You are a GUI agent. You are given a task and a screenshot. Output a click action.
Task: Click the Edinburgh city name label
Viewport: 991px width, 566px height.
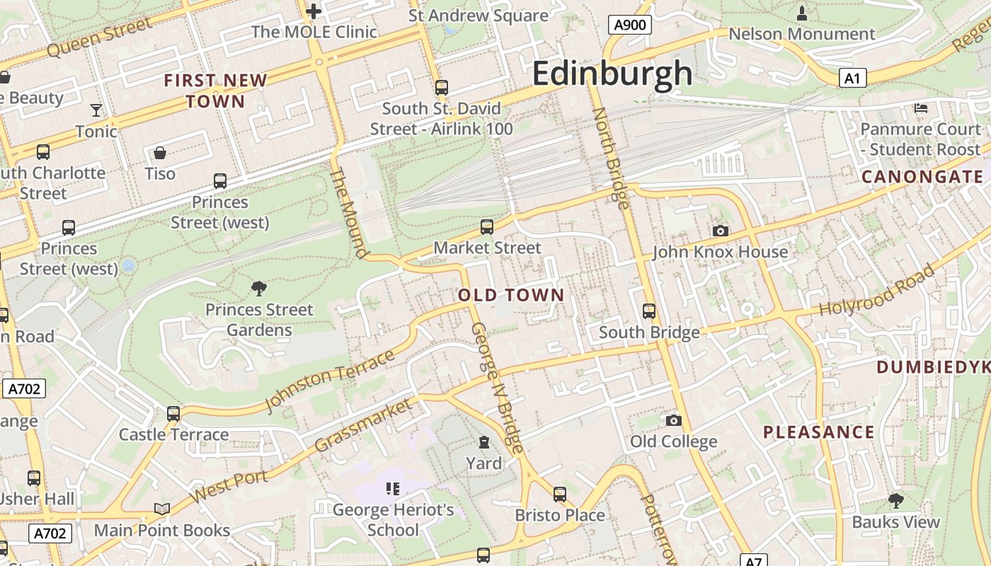612,74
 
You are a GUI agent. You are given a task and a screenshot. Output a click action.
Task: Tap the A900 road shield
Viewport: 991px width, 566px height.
629,25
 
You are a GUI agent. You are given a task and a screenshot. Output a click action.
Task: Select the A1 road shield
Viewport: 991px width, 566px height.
852,78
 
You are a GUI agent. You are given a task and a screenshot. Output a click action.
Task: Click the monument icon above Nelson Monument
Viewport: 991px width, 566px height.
801,13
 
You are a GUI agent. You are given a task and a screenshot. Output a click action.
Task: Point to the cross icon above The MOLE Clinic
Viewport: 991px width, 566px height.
314,11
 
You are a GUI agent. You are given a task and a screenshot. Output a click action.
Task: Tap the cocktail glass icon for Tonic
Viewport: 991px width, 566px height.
96,110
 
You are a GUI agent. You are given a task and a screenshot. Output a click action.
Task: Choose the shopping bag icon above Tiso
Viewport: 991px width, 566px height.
160,153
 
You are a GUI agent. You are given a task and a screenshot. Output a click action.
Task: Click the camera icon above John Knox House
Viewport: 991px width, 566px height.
720,231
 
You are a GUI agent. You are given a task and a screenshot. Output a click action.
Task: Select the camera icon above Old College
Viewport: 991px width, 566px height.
673,420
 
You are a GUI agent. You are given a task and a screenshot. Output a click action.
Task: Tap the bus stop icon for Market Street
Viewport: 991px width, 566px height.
487,226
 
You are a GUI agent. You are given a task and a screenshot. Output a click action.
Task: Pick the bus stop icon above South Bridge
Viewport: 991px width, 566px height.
648,311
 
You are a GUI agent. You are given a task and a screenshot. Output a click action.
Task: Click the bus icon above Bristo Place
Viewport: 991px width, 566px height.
560,494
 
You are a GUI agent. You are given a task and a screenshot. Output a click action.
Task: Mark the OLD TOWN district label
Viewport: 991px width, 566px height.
512,295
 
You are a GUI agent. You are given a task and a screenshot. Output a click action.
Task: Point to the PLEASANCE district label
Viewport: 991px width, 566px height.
819,432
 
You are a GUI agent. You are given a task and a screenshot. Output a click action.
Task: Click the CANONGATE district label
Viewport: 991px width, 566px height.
922,177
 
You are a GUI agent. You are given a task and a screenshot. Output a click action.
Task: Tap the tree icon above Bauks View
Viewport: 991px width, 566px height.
895,501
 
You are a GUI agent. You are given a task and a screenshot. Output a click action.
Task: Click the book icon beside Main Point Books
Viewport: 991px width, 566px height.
162,509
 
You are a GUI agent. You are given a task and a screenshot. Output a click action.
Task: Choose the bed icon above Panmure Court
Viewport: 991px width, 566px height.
921,108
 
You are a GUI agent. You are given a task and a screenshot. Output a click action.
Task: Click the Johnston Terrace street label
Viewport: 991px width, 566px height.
329,381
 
